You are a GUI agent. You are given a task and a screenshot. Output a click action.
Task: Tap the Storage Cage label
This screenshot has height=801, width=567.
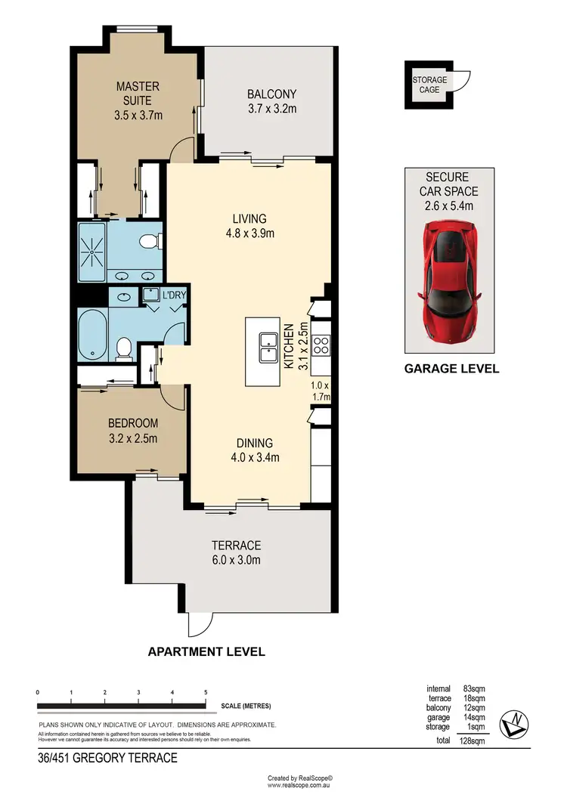[x=429, y=85]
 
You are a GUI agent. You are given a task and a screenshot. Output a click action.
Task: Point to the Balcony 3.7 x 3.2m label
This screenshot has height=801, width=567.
[x=271, y=101]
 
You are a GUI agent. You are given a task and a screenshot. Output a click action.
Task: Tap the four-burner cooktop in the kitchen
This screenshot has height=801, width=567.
[x=321, y=345]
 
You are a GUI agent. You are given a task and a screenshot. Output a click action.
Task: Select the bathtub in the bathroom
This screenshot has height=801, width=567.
[x=92, y=335]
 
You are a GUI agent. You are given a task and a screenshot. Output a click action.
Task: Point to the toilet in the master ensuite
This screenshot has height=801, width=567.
[x=150, y=242]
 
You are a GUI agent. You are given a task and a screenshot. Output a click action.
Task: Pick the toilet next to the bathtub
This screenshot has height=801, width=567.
[x=125, y=349]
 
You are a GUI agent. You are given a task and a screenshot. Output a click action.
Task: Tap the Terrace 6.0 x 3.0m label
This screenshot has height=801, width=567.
[x=236, y=552]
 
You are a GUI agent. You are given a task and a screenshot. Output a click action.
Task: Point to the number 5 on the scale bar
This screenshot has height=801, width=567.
[x=206, y=693]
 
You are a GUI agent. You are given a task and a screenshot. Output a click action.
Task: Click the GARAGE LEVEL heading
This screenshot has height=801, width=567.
[x=451, y=370]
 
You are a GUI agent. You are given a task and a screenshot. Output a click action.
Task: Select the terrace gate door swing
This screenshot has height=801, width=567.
[x=198, y=623]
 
